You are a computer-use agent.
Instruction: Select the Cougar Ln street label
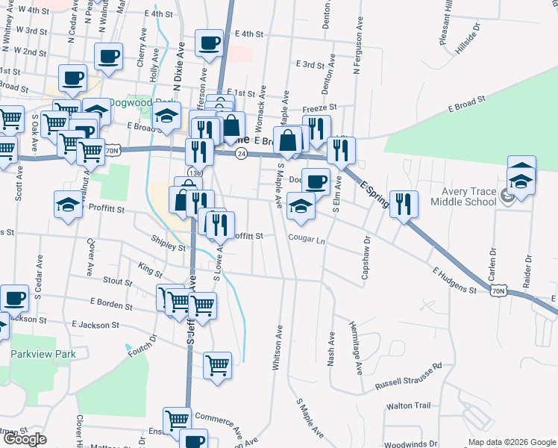point(307,240)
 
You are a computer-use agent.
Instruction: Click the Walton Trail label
point(408,405)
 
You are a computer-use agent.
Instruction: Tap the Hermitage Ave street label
point(357,347)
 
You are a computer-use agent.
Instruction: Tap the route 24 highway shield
point(241,153)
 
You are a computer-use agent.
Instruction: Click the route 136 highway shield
point(193,173)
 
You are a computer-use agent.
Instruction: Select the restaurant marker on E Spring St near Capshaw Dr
point(404,203)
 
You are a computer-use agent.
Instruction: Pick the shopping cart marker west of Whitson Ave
point(217,366)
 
